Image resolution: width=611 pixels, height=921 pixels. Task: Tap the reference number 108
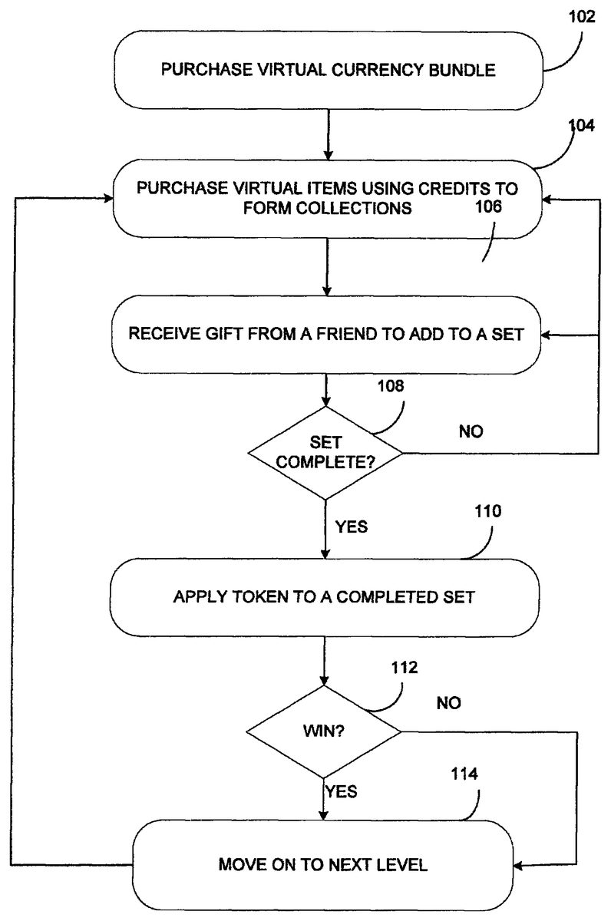(x=389, y=385)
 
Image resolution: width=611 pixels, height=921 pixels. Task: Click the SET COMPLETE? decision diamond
(x=326, y=453)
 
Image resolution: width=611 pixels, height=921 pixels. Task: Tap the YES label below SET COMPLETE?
(x=352, y=527)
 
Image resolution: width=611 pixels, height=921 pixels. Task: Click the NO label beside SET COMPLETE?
(x=471, y=432)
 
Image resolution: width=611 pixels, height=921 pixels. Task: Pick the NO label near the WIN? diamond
(x=449, y=702)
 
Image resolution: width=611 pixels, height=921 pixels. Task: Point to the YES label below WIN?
(x=342, y=791)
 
